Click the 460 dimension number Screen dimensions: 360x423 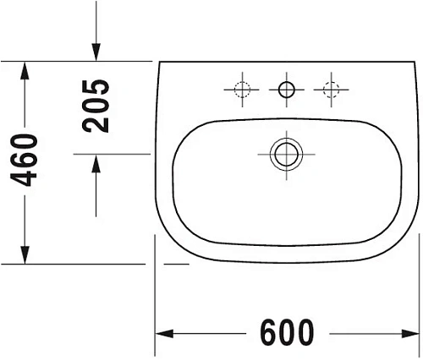[x=25, y=161]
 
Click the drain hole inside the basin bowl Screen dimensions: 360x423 [x=285, y=154]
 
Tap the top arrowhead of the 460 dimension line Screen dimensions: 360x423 [x=25, y=69]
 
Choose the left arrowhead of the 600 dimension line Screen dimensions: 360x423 [x=162, y=331]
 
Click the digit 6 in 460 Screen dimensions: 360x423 [x=25, y=161]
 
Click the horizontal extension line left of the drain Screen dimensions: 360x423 [x=169, y=154]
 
